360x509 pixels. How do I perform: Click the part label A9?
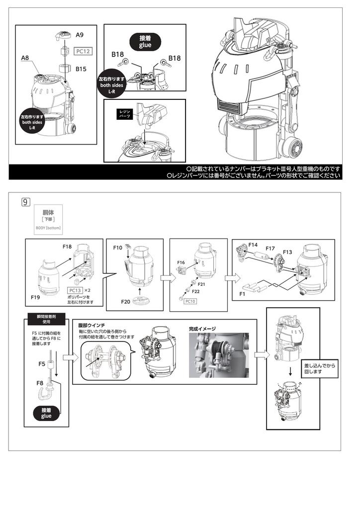tap(80, 35)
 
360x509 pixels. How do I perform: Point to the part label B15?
tap(81, 69)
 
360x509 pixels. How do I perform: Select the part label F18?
tap(68, 246)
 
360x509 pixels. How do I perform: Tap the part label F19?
tap(35, 296)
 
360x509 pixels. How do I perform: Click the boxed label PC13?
tap(75, 290)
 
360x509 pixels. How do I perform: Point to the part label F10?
tap(117, 247)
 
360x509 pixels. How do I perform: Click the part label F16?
tap(181, 262)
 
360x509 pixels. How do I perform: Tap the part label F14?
tap(253, 245)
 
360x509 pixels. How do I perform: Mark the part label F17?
tap(270, 249)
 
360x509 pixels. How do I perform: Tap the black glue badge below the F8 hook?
tap(46, 413)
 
